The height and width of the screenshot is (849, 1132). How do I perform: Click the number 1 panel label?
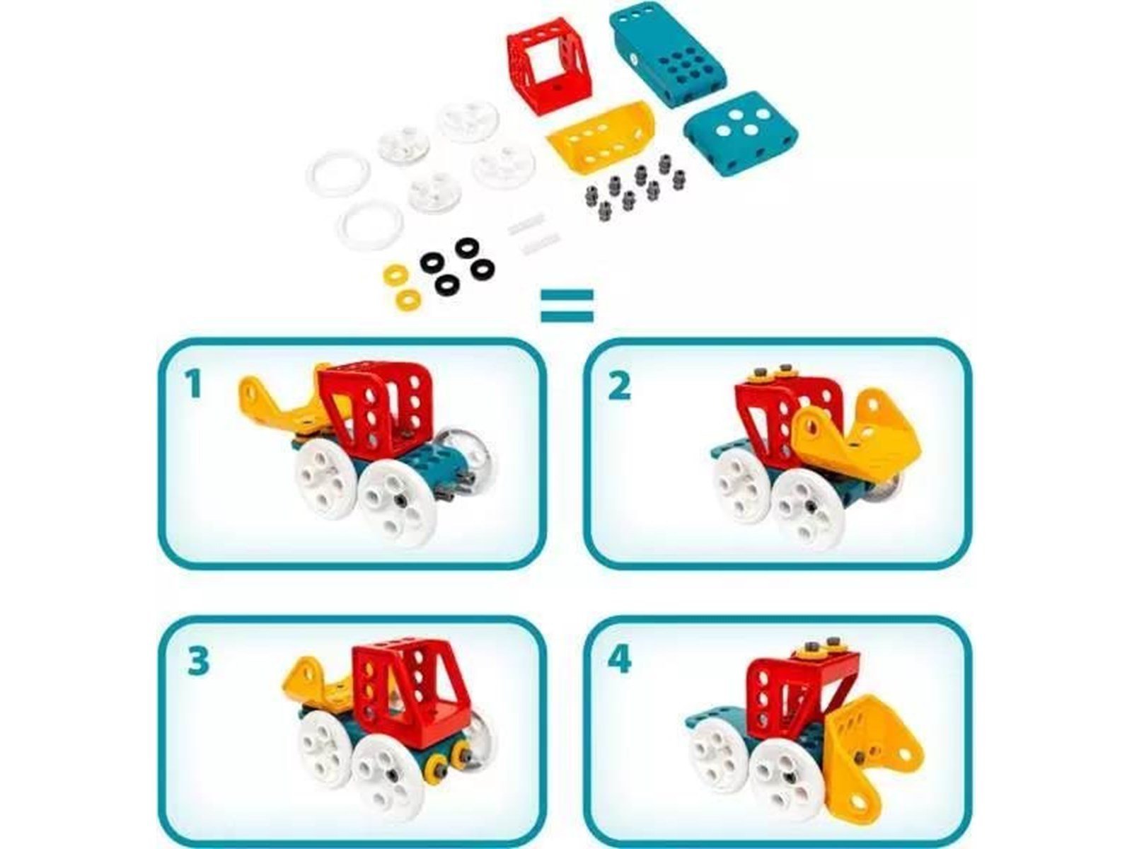pyautogui.click(x=193, y=385)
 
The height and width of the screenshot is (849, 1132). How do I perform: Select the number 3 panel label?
pyautogui.click(x=198, y=662)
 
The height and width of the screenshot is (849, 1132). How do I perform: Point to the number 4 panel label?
pyautogui.click(x=619, y=660)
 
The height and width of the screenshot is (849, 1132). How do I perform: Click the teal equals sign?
pyautogui.click(x=567, y=306)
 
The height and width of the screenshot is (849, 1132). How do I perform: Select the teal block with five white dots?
pyautogui.click(x=741, y=133)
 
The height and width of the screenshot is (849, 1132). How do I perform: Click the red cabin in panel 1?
pyautogui.click(x=376, y=410)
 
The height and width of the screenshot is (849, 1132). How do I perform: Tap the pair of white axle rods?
pyautogui.click(x=533, y=233)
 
